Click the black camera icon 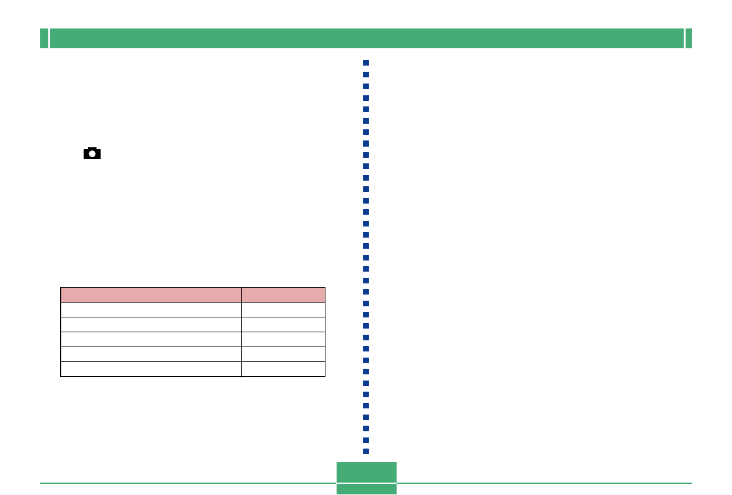[92, 153]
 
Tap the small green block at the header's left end [44, 38]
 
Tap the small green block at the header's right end [688, 38]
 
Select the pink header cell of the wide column [151, 295]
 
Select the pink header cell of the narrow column [283, 295]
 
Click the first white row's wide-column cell [151, 309]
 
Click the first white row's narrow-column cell [283, 309]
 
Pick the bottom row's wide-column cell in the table [151, 369]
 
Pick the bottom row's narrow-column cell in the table [283, 369]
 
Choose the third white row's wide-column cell [151, 339]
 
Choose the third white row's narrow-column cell [283, 339]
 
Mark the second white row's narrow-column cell [283, 324]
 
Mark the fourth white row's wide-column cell [151, 354]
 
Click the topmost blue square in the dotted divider [366, 63]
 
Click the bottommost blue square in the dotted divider [366, 451]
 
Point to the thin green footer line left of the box [186, 483]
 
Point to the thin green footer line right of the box [545, 483]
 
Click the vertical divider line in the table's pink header [241, 295]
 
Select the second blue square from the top [366, 74]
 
